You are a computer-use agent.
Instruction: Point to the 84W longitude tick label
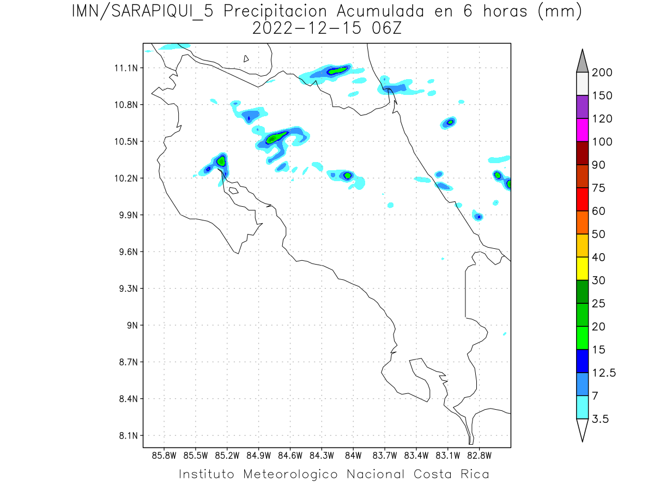point(353,455)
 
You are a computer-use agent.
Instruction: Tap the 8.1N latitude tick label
point(126,435)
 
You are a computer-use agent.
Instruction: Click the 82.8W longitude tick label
point(479,455)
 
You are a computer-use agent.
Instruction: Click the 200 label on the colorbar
point(602,73)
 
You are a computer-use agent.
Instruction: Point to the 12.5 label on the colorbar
point(604,373)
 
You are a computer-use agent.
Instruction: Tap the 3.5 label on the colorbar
point(601,419)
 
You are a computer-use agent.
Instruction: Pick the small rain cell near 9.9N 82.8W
point(479,217)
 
